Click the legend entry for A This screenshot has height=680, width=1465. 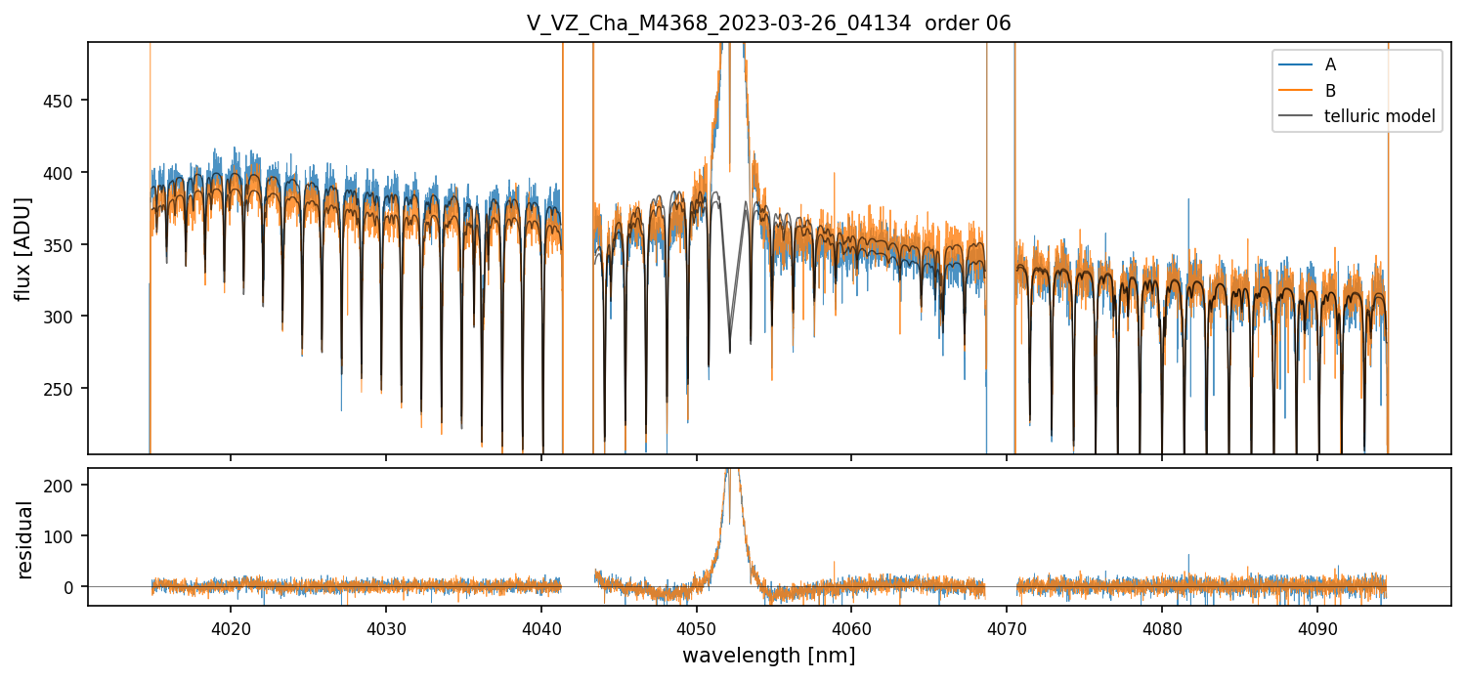1330,64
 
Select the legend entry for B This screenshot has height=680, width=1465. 1330,91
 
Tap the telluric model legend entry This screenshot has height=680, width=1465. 1379,116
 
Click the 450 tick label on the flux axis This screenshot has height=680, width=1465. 65,101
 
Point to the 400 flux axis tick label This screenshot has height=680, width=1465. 65,173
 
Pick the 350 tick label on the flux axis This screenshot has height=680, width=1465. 65,244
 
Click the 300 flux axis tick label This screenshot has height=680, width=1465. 65,317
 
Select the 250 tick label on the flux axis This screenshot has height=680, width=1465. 65,389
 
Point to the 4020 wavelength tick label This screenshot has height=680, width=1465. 231,625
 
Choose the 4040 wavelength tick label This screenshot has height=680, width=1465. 541,625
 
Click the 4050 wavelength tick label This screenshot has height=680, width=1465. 696,625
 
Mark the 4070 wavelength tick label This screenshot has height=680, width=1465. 1007,625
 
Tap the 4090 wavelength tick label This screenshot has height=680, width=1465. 1316,625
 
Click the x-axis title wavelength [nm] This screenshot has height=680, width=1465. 768,655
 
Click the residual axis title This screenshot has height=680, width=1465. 24,538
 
